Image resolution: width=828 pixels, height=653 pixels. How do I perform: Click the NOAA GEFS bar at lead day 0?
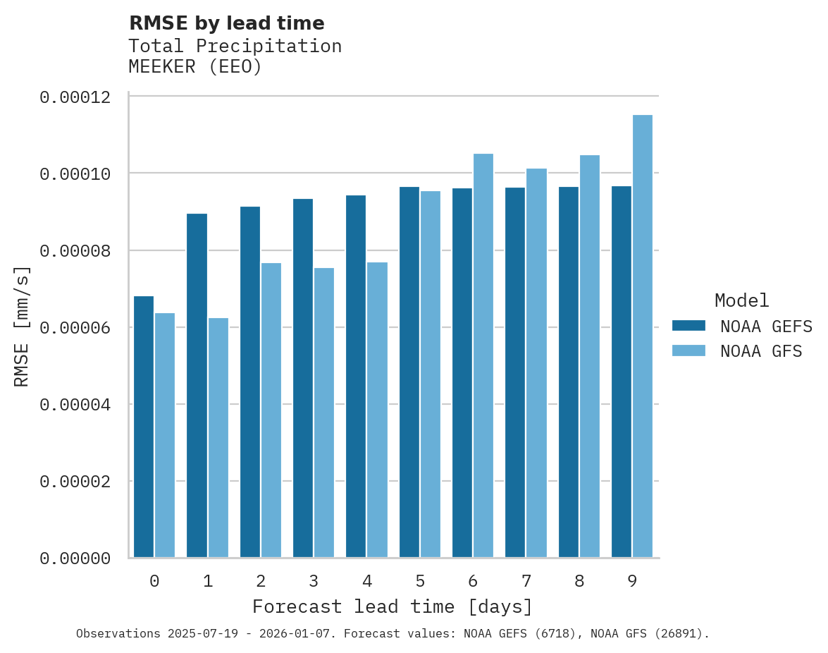144,427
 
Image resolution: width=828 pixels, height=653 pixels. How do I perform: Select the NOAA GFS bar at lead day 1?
218,438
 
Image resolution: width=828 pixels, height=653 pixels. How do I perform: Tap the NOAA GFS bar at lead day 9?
643,336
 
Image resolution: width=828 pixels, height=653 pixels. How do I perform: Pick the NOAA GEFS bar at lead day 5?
409,372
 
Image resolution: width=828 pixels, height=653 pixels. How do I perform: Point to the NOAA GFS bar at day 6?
483,355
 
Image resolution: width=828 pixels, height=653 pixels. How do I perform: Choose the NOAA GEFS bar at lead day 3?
303,378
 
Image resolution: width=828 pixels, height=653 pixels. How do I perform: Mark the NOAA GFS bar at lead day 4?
377,410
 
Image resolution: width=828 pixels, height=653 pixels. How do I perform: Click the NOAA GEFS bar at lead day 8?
569,372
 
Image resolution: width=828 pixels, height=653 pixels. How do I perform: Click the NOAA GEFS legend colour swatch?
688,325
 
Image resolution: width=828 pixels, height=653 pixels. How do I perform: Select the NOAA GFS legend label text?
761,351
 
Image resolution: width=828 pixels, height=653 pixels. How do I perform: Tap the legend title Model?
741,300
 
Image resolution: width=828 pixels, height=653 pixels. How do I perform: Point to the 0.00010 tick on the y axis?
75,173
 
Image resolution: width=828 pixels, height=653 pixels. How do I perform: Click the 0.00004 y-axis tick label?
75,405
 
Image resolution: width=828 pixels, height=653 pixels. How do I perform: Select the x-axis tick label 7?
526,582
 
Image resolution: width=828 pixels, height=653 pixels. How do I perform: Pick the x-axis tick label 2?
261,582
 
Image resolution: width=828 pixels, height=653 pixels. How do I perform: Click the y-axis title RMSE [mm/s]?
22,326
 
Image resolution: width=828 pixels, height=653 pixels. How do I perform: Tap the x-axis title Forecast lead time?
393,606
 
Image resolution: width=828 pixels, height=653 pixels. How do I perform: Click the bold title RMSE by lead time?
226,23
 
